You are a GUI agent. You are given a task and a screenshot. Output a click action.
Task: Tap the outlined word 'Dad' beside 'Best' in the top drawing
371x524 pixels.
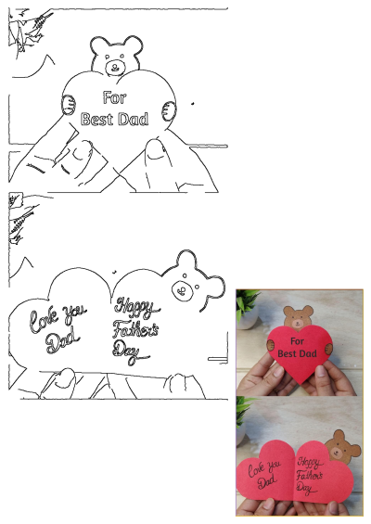(x=132, y=119)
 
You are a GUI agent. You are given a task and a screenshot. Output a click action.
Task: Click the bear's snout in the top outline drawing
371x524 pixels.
(x=115, y=67)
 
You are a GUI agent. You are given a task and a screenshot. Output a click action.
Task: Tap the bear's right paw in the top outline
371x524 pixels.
(x=166, y=109)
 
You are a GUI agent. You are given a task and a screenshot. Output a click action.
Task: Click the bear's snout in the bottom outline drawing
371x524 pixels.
(x=184, y=291)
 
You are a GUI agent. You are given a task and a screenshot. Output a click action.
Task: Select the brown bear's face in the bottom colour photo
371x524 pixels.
(x=343, y=449)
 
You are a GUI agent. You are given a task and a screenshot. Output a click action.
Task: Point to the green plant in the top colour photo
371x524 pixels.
(x=247, y=304)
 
